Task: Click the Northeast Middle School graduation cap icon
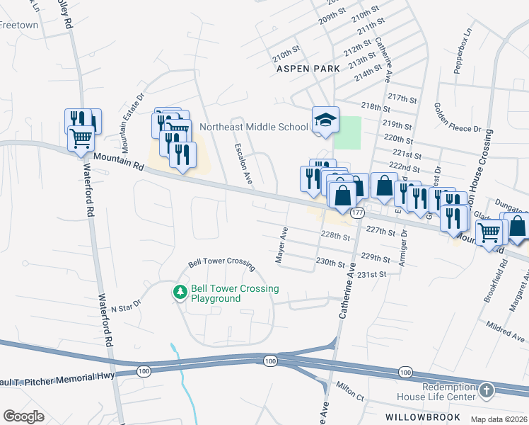(326, 119)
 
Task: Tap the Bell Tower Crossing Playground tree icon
(180, 292)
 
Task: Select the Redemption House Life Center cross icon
(486, 390)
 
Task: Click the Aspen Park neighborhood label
(308, 69)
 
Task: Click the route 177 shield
(358, 212)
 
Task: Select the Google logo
(23, 416)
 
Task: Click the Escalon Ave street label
(244, 164)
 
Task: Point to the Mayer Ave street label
(282, 246)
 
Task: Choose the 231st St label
(372, 275)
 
